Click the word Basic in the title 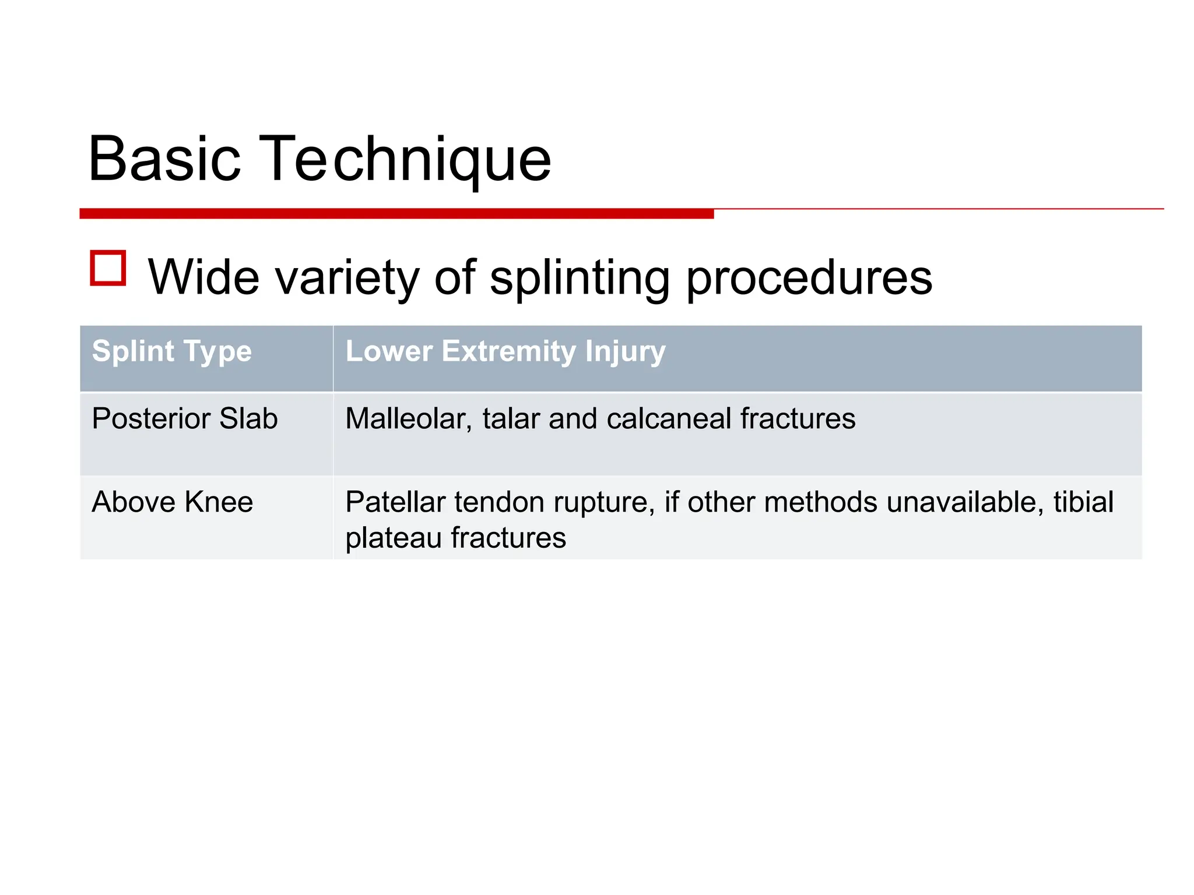point(164,158)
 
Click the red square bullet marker point(108,269)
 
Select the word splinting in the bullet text point(580,278)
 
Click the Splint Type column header point(172,351)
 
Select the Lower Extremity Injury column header point(505,351)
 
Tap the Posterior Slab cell point(185,418)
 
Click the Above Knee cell point(173,502)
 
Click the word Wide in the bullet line point(203,278)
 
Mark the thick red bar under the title point(396,214)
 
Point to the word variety point(347,278)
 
